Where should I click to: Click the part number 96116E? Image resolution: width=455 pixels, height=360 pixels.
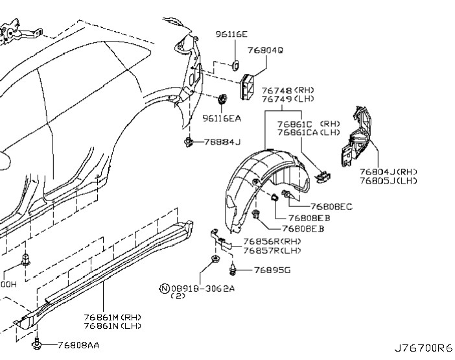[233, 32]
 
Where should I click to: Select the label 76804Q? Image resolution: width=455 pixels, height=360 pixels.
[264, 49]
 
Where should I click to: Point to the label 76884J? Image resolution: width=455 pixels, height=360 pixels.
[221, 141]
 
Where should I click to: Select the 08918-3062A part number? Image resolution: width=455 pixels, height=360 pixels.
[202, 288]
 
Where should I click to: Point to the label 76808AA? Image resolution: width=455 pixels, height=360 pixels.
[78, 344]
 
